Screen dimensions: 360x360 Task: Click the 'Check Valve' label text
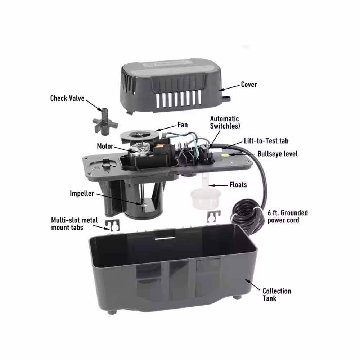click(x=67, y=98)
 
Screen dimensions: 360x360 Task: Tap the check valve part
click(x=105, y=121)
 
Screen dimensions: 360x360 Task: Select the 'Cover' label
click(x=249, y=85)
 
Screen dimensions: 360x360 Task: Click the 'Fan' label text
click(x=183, y=125)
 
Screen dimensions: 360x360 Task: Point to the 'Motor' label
click(x=105, y=146)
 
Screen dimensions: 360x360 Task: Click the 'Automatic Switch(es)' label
click(x=225, y=122)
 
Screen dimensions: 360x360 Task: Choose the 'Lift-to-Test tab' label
click(x=266, y=141)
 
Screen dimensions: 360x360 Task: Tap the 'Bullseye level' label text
click(x=277, y=154)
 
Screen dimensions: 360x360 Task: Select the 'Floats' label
click(x=238, y=185)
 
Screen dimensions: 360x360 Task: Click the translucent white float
click(x=205, y=194)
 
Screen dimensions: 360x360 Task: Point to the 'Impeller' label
click(x=82, y=194)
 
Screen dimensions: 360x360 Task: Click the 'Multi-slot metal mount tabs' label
click(x=74, y=224)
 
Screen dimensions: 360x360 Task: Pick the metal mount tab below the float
click(x=214, y=216)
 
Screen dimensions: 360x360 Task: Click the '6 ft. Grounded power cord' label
click(x=287, y=216)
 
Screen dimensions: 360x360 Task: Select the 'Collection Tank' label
click(x=276, y=295)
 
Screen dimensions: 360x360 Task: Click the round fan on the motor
click(x=139, y=135)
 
